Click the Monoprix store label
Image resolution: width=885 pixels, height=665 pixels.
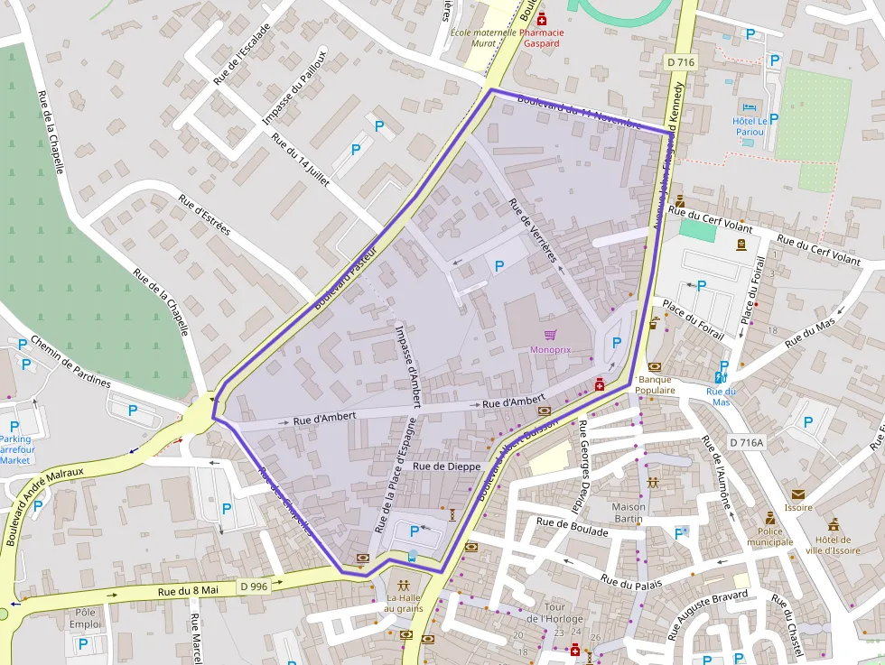tap(550, 349)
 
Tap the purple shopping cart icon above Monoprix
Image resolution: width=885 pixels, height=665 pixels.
tap(550, 335)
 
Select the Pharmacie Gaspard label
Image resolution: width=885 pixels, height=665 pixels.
tap(544, 38)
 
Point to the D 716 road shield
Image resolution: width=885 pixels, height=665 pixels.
tap(680, 62)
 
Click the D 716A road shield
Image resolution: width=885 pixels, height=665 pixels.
tap(746, 442)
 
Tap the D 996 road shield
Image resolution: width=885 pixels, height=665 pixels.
tap(255, 586)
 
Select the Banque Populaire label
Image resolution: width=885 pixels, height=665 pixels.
tap(657, 384)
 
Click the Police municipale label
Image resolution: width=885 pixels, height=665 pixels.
tap(769, 537)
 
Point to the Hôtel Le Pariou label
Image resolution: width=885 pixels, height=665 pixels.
tap(750, 126)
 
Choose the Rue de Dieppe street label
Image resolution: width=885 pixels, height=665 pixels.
tap(446, 466)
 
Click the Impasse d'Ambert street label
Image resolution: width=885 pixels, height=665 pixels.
tap(408, 365)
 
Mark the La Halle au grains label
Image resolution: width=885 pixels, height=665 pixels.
tap(405, 603)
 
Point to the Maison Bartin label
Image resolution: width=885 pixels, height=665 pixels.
tap(629, 513)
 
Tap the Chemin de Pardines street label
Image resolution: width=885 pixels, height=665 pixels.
tap(70, 362)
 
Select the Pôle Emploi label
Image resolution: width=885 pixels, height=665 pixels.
tap(85, 618)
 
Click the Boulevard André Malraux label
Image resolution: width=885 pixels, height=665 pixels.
tap(44, 505)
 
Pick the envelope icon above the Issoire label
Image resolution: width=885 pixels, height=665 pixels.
tap(797, 494)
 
